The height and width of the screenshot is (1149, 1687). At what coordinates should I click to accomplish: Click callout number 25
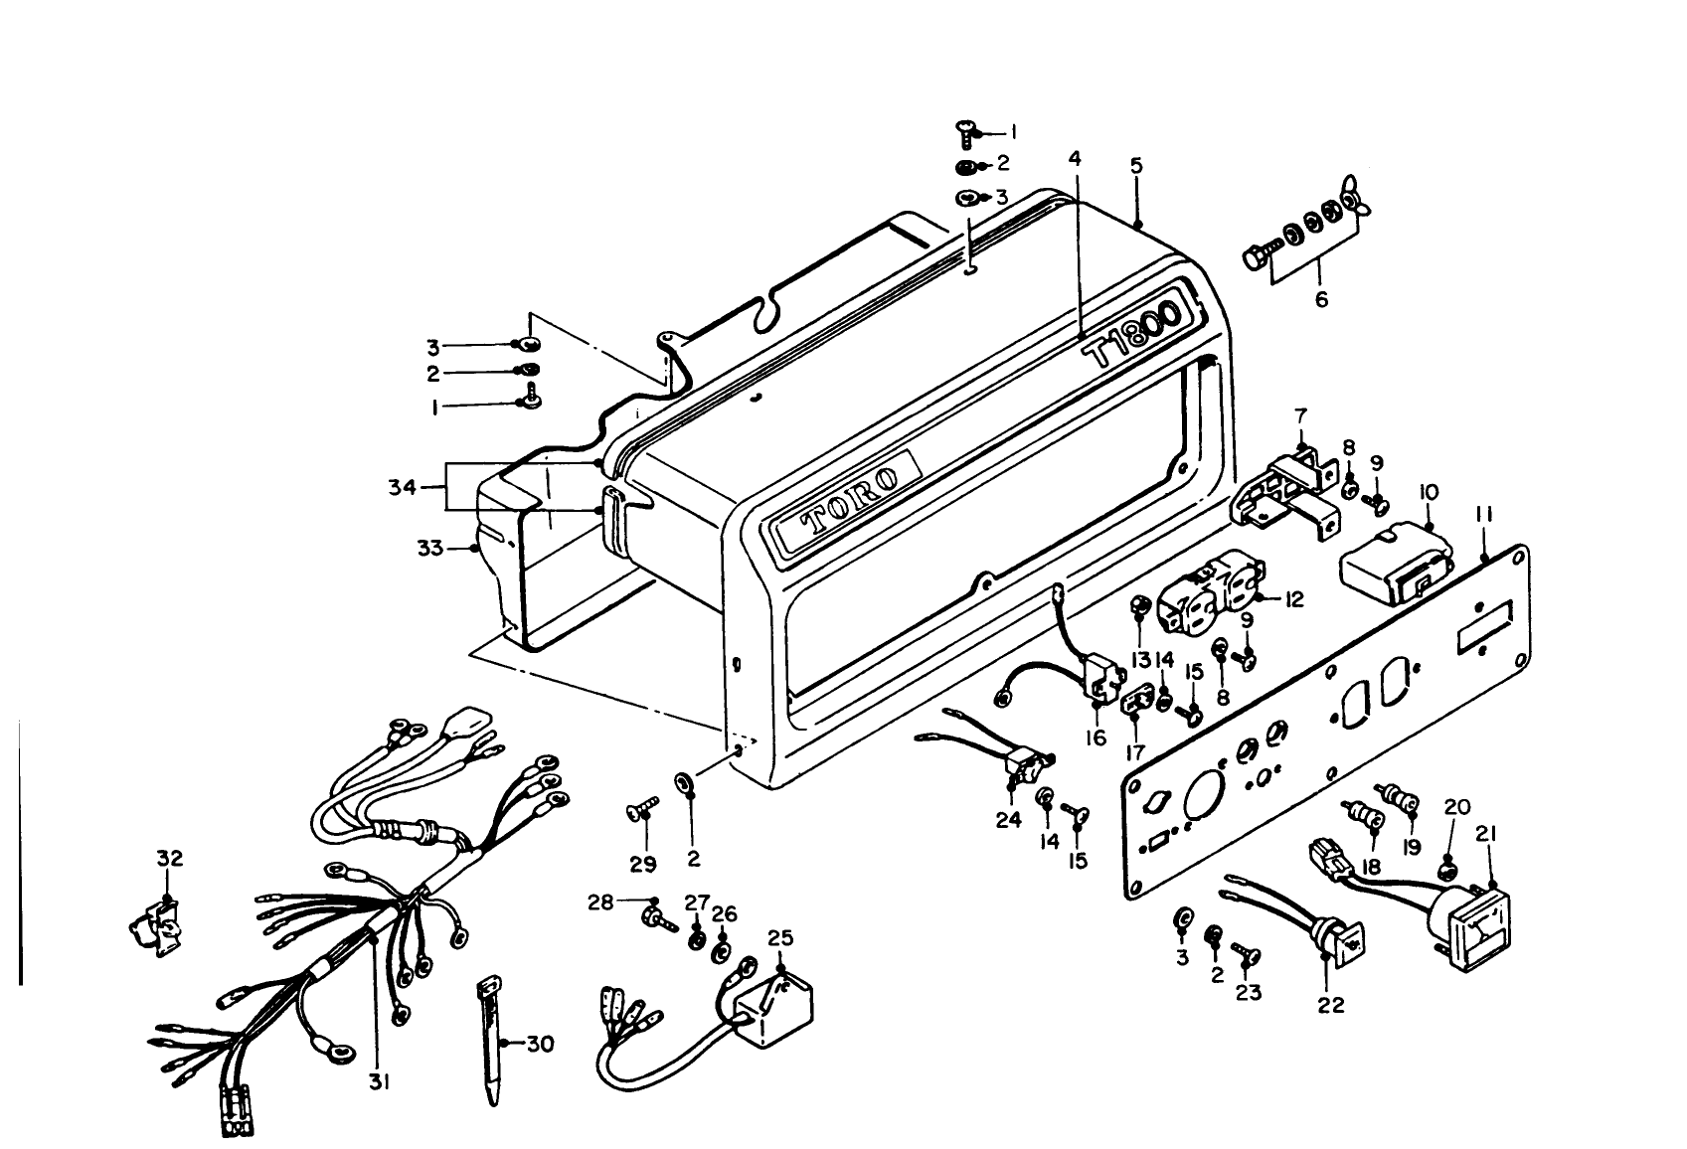[x=780, y=937]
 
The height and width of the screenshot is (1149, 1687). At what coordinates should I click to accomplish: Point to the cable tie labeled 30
[x=490, y=1039]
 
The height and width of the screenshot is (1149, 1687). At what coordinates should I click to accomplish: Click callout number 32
[x=170, y=858]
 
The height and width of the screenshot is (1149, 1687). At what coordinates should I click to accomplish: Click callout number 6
[x=1321, y=298]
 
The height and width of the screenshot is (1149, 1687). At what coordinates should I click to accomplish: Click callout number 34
[x=402, y=487]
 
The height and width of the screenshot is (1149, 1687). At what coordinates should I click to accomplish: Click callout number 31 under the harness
[x=378, y=1082]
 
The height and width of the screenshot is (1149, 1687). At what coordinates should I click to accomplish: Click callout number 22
[x=1330, y=1005]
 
